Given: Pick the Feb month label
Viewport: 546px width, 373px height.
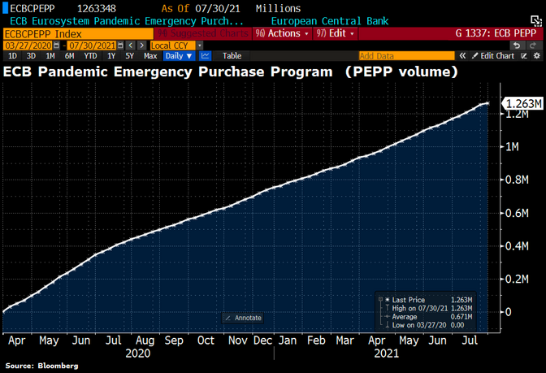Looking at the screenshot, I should pos(317,341).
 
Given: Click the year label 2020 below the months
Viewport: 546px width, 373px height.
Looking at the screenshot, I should pos(138,354).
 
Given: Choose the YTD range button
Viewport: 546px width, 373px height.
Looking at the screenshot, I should pos(91,56).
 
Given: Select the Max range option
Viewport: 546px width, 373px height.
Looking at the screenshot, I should pos(150,56).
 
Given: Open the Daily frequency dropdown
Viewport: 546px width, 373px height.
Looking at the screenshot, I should pos(178,56).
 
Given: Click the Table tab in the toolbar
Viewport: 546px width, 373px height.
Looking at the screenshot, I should pos(232,56).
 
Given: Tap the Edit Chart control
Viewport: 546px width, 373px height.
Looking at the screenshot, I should pos(497,56).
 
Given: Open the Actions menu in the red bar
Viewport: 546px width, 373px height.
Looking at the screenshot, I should pos(281,33).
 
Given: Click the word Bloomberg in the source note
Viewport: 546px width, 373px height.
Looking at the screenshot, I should pos(58,366).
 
